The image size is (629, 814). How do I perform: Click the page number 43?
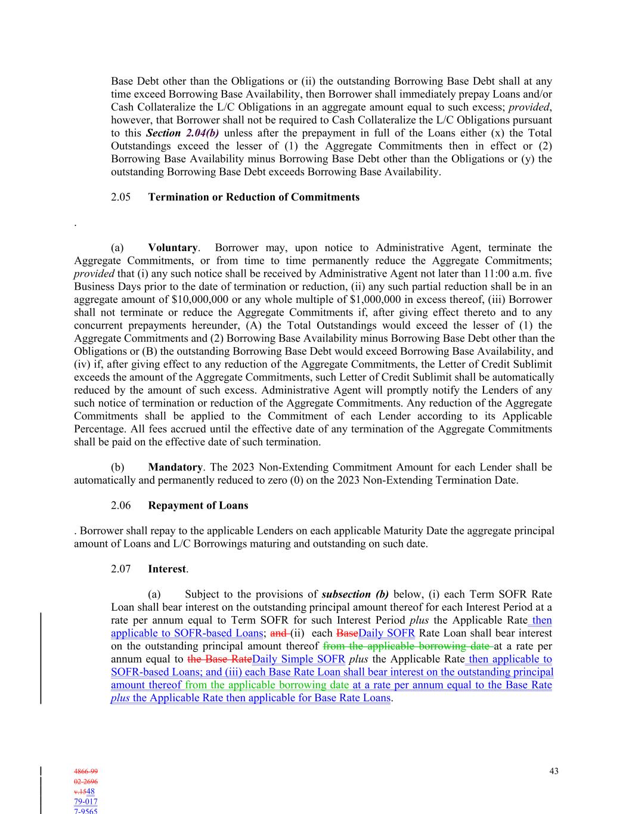click(554, 771)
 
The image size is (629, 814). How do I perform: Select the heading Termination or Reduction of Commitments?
click(253, 197)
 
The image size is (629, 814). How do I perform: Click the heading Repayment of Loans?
click(198, 505)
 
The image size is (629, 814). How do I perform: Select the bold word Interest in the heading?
click(167, 568)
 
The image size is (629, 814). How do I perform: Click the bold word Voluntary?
click(172, 247)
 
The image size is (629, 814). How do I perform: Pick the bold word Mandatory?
click(175, 467)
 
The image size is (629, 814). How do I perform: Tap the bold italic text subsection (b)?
click(355, 594)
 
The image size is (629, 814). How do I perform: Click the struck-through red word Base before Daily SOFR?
click(347, 633)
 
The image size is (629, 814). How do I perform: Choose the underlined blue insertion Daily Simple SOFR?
click(299, 659)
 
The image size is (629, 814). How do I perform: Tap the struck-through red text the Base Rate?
click(219, 659)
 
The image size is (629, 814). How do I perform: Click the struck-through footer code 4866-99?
click(86, 772)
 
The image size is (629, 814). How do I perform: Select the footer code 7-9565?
click(86, 811)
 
